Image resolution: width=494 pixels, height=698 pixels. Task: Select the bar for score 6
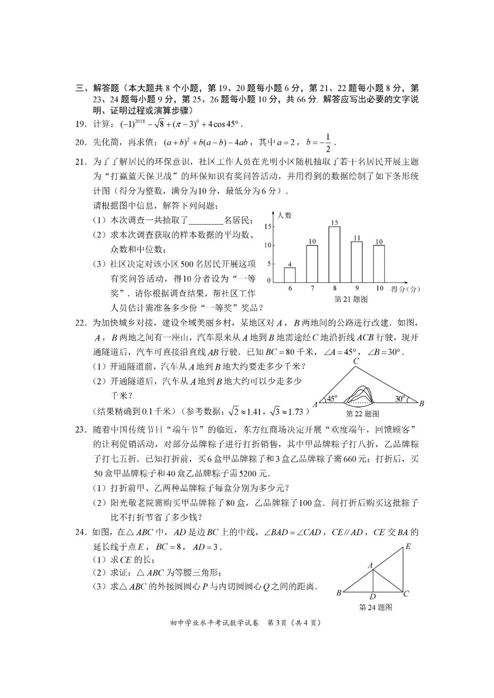point(290,275)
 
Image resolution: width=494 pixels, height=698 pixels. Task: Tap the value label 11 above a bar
point(357,237)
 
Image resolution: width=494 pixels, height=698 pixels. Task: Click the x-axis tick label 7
point(312,289)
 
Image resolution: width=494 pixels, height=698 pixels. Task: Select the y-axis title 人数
point(285,215)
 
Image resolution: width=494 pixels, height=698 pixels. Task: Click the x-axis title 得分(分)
point(405,289)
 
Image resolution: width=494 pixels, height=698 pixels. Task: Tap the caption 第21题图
point(351,299)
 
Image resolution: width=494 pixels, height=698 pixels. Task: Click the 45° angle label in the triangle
point(332,398)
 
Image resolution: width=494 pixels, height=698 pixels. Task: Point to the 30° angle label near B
point(400,399)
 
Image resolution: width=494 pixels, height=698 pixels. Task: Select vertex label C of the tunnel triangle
point(356,361)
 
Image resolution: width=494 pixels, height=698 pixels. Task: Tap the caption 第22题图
point(362,414)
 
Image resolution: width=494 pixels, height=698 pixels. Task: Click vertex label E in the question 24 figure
point(408,547)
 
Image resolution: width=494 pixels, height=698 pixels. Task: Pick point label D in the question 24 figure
point(373,596)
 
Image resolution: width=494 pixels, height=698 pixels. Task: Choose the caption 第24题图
point(376,607)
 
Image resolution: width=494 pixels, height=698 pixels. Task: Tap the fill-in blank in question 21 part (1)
point(206,221)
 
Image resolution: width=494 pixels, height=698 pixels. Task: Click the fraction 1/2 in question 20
point(328,143)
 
